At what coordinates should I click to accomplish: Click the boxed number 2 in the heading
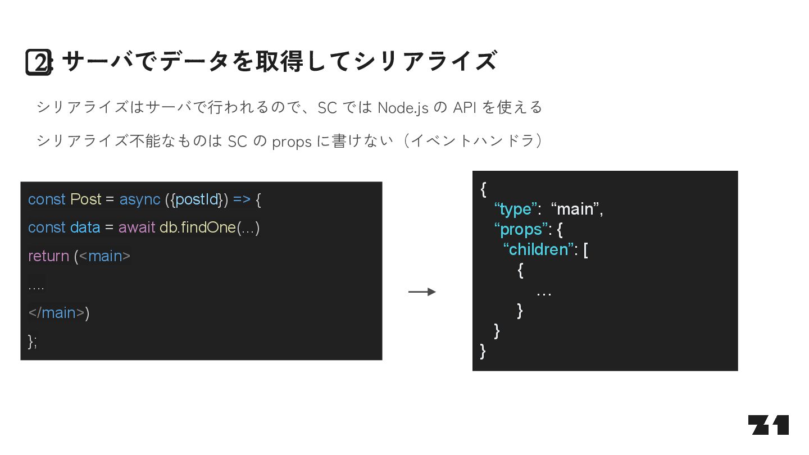[39, 62]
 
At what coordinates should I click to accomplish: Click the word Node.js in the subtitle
[403, 107]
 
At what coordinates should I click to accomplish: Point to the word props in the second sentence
[292, 142]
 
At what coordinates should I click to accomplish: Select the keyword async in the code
[139, 199]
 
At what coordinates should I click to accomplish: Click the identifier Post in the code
[85, 199]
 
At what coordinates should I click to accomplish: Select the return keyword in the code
[48, 256]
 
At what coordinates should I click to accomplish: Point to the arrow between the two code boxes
[422, 292]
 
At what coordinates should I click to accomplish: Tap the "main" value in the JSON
[575, 210]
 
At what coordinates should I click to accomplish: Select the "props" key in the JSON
[520, 230]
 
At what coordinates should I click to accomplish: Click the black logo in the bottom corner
[768, 425]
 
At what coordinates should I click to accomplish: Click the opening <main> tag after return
[104, 256]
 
